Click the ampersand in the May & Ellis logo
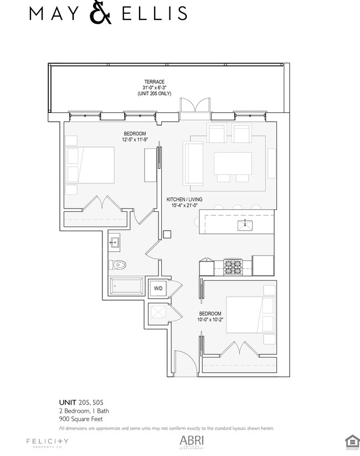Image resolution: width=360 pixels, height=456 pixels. pyautogui.click(x=100, y=13)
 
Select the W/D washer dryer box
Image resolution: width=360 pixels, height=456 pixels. pyautogui.click(x=158, y=288)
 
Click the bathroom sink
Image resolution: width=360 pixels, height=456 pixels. pyautogui.click(x=116, y=241)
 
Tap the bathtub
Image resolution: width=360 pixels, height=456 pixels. pyautogui.click(x=126, y=287)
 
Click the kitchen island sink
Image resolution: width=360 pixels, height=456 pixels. pyautogui.click(x=245, y=225)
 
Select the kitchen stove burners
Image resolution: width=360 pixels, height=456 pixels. pyautogui.click(x=232, y=265)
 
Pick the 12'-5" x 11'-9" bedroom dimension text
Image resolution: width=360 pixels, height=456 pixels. pyautogui.click(x=135, y=139)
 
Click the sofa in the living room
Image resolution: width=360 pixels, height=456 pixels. pyautogui.click(x=193, y=163)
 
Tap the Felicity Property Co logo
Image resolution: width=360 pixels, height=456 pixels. pyautogui.click(x=47, y=442)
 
